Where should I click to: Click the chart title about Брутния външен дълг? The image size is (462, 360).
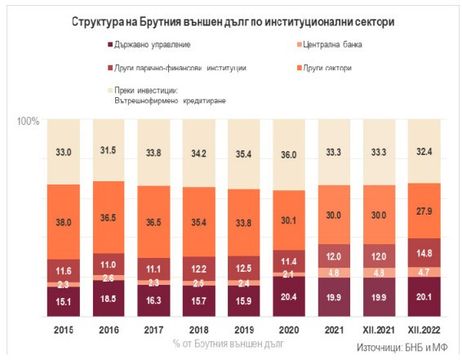pos(231,22)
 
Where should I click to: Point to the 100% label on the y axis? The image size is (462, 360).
pos(29,121)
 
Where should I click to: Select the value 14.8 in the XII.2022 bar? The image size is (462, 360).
pos(412,253)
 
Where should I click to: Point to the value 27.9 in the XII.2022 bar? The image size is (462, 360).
pos(412,211)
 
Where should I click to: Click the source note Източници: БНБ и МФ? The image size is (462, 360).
pos(405,346)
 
